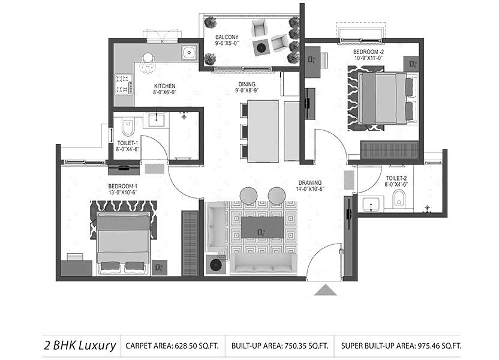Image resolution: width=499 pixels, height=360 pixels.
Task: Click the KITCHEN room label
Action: (165, 86)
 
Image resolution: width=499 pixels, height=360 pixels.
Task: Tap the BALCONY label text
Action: (227, 37)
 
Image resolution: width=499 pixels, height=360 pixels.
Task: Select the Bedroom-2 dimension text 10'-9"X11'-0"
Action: (368, 58)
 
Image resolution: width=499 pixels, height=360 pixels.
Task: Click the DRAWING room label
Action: (310, 183)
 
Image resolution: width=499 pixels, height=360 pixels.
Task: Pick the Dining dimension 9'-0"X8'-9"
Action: (247, 91)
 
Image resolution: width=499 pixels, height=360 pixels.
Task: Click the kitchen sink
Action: (190, 52)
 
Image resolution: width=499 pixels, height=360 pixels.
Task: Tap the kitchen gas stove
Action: (124, 85)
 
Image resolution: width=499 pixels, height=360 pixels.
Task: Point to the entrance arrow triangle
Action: (325, 290)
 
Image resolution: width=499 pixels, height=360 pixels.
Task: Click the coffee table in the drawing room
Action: (263, 227)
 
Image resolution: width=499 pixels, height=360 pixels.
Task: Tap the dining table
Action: (263, 131)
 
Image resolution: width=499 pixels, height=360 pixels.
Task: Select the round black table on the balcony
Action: (261, 48)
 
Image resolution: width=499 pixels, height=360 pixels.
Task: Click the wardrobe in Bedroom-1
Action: (190, 242)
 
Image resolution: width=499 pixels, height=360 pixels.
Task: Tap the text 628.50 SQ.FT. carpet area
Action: (196, 346)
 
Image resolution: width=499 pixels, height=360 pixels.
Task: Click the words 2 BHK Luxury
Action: (80, 346)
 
